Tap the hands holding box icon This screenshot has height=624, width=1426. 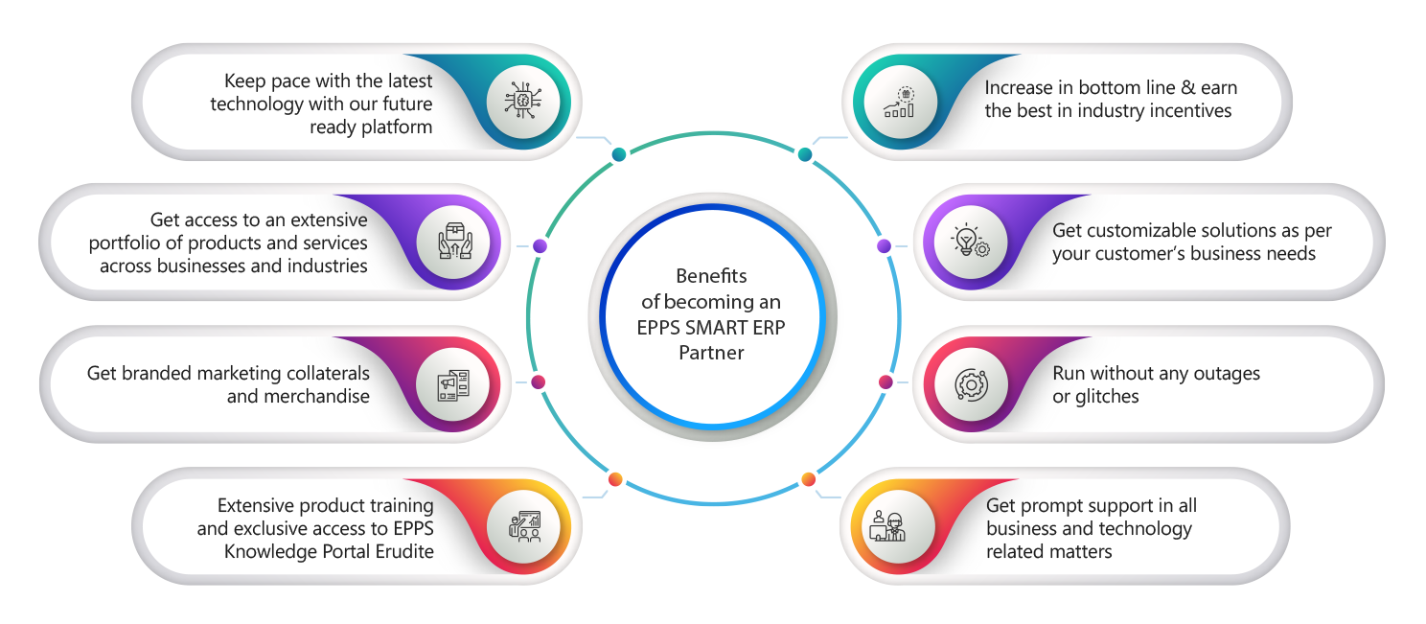pos(455,242)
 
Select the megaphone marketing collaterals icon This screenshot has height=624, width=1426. pos(454,384)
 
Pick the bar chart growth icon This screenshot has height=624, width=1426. pos(899,102)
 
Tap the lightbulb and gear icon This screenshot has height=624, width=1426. pos(969,242)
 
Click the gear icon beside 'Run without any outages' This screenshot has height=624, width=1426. pos(969,384)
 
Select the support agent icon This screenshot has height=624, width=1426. pos(890,526)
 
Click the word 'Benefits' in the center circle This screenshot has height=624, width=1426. pos(711,276)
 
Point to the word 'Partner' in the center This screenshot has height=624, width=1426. pos(711,353)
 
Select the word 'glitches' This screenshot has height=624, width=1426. pos(1095,396)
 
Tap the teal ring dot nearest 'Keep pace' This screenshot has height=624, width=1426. pos(619,154)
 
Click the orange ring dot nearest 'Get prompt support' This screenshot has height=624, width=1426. pos(808,478)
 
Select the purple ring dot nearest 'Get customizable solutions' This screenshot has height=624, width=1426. pos(884,246)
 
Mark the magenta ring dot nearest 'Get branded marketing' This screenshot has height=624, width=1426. pos(540,382)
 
